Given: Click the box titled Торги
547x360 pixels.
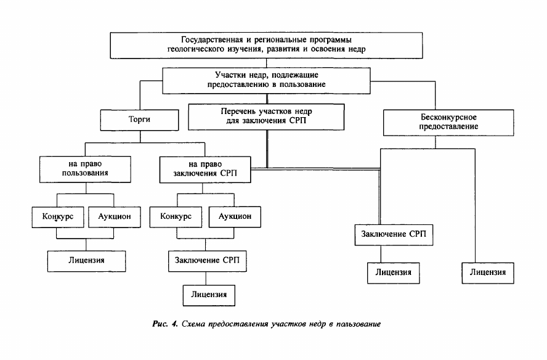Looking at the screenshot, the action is pyautogui.click(x=139, y=120).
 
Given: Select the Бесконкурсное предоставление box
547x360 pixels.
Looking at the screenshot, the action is pyautogui.click(x=448, y=122).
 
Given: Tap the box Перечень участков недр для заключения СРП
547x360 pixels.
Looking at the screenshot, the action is pyautogui.click(x=266, y=117).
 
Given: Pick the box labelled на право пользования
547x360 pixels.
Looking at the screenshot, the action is pyautogui.click(x=85, y=170).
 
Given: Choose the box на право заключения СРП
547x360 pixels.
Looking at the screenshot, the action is pyautogui.click(x=205, y=170).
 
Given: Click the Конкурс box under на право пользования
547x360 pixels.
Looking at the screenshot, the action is pyautogui.click(x=58, y=217).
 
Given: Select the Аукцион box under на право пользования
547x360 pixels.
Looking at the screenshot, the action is pyautogui.click(x=115, y=217).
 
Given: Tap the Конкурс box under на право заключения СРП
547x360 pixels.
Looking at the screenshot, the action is pyautogui.click(x=176, y=217).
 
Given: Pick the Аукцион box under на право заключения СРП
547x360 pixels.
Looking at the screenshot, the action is pyautogui.click(x=235, y=217).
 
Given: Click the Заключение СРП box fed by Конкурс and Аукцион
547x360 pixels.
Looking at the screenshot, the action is pyautogui.click(x=207, y=261).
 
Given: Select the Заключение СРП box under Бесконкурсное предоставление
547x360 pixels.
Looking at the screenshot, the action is pyautogui.click(x=394, y=235).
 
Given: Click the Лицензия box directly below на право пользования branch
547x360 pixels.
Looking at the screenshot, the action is pyautogui.click(x=86, y=261).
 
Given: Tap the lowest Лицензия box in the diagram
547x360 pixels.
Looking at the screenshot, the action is pyautogui.click(x=209, y=295).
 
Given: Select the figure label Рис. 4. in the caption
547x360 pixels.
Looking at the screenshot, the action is pyautogui.click(x=165, y=324).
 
